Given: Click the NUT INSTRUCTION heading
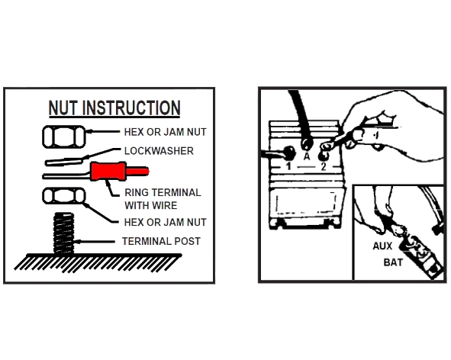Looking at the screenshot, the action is (x=114, y=108).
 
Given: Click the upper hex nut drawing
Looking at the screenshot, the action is (x=64, y=137).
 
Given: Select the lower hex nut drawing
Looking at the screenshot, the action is (x=64, y=196).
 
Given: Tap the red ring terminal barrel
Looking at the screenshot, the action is (x=108, y=172).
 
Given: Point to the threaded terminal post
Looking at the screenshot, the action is (x=63, y=233).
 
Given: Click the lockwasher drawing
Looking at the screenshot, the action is (x=64, y=162).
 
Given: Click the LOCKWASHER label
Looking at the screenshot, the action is (x=159, y=151).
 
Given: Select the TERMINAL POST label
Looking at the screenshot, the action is (x=161, y=241).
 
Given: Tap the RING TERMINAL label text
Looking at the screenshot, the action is (x=163, y=192).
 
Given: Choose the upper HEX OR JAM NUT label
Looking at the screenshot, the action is (x=165, y=132).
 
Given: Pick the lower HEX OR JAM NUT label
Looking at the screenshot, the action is (x=165, y=222).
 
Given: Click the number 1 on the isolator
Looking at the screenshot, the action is (x=288, y=166).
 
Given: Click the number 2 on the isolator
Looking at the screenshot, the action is (x=324, y=166).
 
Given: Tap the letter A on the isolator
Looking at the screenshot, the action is (x=307, y=156).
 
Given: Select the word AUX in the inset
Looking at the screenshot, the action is (x=382, y=246).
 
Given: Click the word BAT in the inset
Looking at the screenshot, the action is (x=393, y=262).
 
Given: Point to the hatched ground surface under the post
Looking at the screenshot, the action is (x=98, y=262).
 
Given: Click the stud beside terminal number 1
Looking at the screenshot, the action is (x=288, y=153).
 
